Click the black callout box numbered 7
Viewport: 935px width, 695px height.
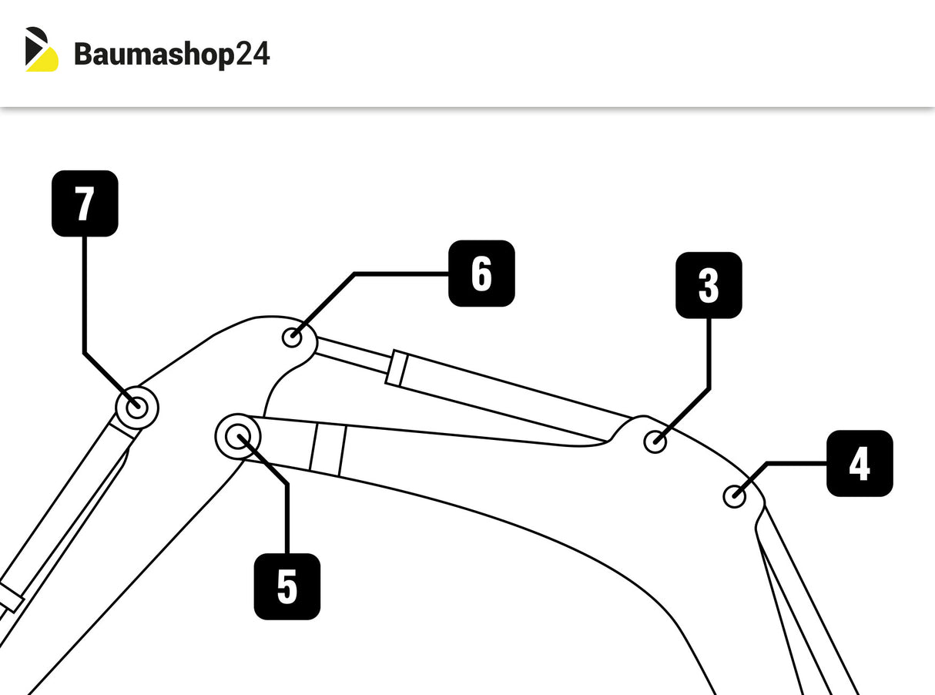coord(85,203)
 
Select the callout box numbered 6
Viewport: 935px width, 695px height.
coord(481,274)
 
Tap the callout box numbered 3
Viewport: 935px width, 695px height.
coord(709,285)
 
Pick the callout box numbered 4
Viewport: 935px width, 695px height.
coord(860,463)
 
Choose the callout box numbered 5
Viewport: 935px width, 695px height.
coord(287,586)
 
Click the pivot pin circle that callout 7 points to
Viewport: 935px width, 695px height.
coord(136,407)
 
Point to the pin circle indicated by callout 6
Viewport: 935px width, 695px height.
coord(293,337)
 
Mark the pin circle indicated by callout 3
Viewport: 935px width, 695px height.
coord(655,442)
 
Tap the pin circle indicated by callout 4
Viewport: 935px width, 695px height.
coord(735,496)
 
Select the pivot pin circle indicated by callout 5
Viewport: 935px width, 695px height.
coord(238,437)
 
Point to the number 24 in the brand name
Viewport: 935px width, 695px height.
coord(252,55)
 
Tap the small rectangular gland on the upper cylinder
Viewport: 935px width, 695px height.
coord(397,368)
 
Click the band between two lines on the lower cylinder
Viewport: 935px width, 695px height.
coord(328,449)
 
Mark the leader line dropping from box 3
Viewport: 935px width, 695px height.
coord(709,354)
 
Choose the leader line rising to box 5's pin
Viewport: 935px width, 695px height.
coord(287,516)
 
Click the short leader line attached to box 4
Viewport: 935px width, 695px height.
coord(793,464)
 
